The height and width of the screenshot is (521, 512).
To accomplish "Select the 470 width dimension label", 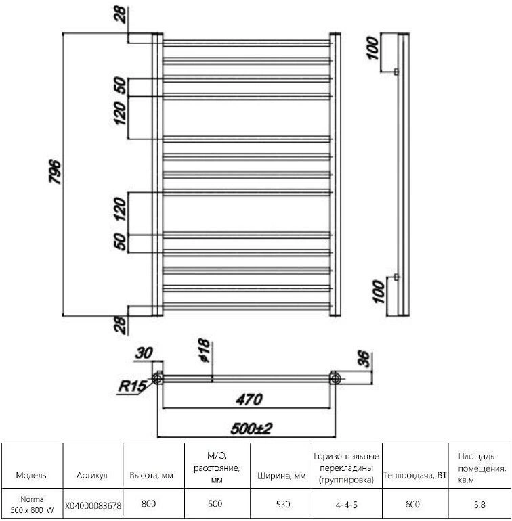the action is click(249, 399).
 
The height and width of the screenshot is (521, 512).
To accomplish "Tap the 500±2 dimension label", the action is click(251, 428).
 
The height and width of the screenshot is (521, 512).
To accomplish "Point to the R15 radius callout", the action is click(132, 386).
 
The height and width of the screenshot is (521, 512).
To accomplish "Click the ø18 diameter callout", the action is click(204, 350).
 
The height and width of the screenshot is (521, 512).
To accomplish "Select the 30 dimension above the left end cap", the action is click(144, 353).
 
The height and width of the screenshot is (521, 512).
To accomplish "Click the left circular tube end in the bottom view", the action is click(157, 378).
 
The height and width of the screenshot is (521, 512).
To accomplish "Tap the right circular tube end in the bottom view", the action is click(335, 378).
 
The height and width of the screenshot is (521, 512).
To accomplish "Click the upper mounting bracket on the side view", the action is click(396, 72).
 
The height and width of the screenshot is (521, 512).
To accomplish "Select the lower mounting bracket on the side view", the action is click(396, 277).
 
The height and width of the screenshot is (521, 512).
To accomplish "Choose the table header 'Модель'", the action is click(31, 475).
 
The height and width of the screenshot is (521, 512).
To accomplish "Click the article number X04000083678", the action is click(93, 505).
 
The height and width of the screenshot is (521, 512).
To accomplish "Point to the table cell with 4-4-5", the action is click(347, 505).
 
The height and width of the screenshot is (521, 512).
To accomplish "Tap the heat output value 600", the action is click(412, 504).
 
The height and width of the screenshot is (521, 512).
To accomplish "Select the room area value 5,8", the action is click(479, 505).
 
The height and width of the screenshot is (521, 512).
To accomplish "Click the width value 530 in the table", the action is click(283, 504).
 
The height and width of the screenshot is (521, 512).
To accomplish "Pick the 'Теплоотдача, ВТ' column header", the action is click(414, 475).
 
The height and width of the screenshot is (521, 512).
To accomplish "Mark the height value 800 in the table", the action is click(148, 503).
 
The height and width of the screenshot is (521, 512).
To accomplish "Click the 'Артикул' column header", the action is click(92, 476).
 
